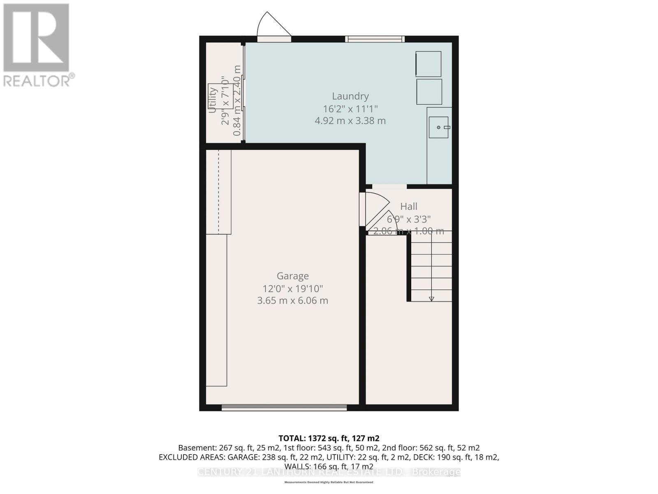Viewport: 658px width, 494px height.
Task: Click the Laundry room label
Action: [350, 96]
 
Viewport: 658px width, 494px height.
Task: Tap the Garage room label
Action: [292, 276]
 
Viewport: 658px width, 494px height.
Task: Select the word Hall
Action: [408, 206]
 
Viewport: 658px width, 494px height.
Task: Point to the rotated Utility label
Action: [212, 100]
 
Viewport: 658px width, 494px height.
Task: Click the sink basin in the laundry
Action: [438, 127]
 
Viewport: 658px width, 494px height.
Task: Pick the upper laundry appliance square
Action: [428, 64]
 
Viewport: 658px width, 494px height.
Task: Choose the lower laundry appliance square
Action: [429, 91]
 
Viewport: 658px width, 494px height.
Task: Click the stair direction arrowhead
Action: [431, 299]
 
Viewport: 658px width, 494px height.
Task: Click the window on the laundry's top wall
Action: [375, 39]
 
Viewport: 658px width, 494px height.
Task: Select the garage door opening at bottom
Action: [284, 408]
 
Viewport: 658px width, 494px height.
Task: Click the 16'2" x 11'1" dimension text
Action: [350, 109]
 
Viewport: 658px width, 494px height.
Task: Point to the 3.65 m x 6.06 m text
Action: [292, 301]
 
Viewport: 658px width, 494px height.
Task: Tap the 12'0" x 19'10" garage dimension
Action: [292, 289]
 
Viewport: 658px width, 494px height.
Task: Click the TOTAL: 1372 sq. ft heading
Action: [329, 438]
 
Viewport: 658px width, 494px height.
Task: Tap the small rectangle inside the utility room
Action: [218, 96]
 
